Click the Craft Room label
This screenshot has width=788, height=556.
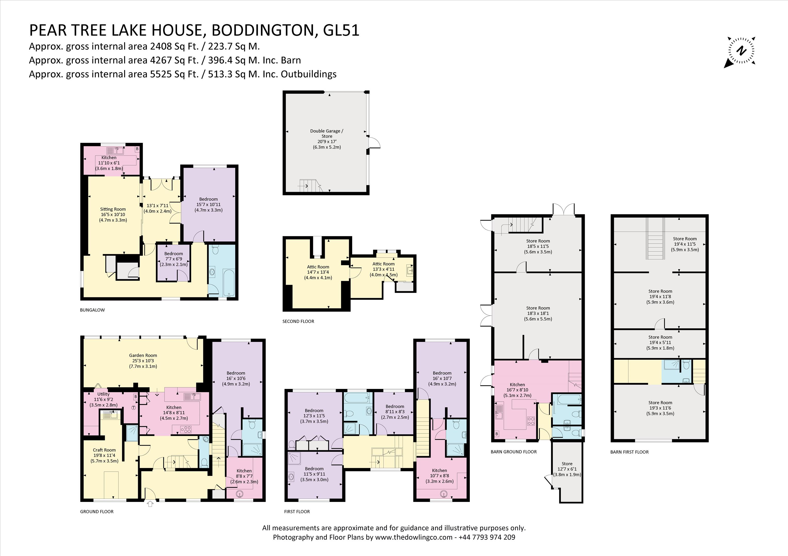104,455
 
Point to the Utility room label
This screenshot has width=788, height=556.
103,399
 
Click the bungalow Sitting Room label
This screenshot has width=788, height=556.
113,214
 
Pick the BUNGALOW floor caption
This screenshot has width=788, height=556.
92,310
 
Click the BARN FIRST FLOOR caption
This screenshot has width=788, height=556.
629,452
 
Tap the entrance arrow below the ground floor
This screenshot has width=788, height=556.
150,503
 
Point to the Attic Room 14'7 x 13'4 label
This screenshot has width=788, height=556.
318,272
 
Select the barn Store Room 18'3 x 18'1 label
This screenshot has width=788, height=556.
538,313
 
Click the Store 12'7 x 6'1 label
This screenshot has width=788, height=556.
567,469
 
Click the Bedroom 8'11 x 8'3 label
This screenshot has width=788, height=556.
395,412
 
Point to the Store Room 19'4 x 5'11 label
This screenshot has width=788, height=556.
660,342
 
